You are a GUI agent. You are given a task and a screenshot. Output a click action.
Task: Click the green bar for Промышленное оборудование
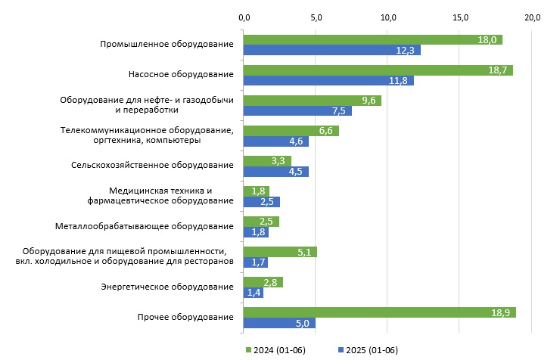(372, 39)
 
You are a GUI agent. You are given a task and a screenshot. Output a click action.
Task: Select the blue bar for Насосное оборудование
(328, 81)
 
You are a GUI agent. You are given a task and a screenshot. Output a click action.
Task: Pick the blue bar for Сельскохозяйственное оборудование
(275, 171)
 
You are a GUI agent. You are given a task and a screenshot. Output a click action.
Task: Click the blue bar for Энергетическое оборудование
(253, 293)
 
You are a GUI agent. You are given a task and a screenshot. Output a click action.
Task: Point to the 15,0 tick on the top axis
(460, 17)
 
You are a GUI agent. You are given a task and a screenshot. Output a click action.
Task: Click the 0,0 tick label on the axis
(243, 17)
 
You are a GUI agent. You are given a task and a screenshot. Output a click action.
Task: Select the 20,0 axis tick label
(532, 17)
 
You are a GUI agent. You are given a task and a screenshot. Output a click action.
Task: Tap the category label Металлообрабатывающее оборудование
(145, 226)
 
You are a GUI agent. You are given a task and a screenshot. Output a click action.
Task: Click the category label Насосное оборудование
(181, 74)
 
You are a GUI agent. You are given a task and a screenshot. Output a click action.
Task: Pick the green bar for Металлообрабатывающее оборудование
(261, 222)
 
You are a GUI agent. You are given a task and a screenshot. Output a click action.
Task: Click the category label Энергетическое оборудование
(166, 287)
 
